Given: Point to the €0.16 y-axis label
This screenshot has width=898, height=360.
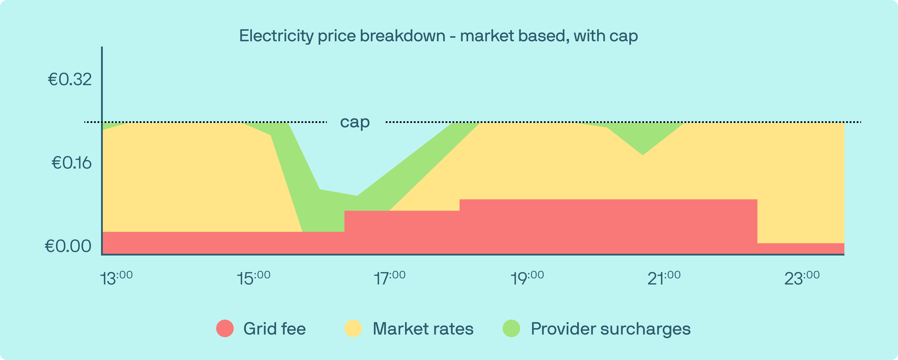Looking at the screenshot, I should coord(71,163).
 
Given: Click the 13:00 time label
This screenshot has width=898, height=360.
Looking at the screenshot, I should coord(116,278).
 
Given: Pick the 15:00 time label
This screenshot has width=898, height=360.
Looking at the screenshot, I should coord(253,278).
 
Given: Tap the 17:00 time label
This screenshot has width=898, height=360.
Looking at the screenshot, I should coord(389,278).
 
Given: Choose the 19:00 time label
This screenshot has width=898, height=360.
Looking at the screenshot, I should coord(527,278).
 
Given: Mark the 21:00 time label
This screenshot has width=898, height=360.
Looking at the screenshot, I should coord(664,278).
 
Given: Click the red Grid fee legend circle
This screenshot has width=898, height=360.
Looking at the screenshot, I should coord(225,328).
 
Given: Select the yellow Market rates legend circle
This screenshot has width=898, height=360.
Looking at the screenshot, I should coord(353,328).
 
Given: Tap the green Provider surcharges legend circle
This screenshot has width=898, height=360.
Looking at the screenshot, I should coord(511,328).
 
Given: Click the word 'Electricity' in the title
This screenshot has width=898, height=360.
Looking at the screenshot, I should coord(276,36).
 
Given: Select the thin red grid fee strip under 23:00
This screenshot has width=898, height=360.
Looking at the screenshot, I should coord(801,248).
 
